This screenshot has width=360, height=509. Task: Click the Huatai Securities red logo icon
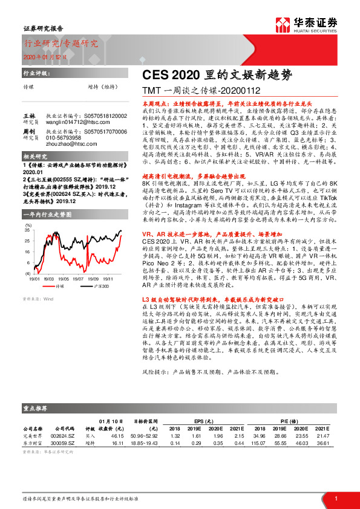point(283,24)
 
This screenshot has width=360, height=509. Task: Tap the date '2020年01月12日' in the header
point(45,56)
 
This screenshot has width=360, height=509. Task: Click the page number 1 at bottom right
point(335,498)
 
